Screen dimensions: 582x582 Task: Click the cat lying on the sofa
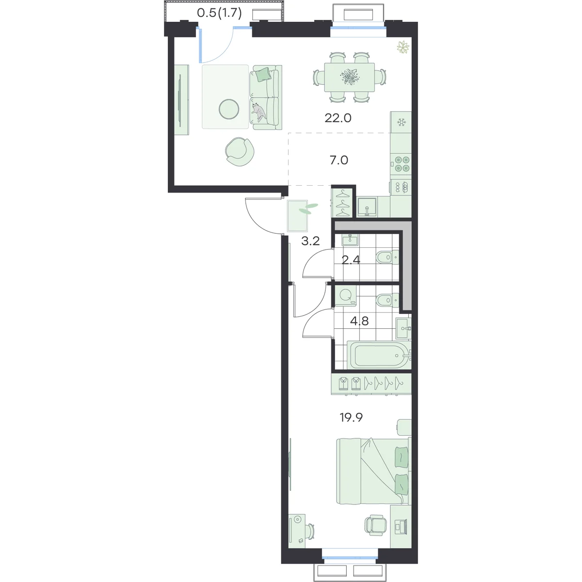point(258,112)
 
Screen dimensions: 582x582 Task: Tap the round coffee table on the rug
point(229,109)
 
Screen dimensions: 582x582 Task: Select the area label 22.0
point(338,118)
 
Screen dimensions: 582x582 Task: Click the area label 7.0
point(339,160)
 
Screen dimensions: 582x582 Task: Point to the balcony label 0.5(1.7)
point(219,13)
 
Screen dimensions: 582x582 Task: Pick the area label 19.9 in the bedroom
point(351,418)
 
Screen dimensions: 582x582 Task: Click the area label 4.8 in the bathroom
point(359,321)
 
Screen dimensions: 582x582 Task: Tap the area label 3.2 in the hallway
point(310,241)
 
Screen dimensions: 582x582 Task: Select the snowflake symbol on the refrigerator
point(401,122)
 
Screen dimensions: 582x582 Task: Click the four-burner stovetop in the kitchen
point(401,164)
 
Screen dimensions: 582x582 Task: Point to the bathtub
point(379,356)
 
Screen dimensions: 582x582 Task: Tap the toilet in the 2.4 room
point(387,258)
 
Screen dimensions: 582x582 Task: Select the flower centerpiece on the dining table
point(349,76)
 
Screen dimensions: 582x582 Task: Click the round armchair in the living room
point(240,152)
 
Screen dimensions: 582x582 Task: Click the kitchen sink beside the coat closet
point(367,207)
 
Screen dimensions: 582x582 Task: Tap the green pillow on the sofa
point(262,74)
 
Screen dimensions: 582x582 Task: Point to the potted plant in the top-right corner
point(403,47)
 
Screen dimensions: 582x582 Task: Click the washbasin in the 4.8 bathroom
point(403,328)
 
